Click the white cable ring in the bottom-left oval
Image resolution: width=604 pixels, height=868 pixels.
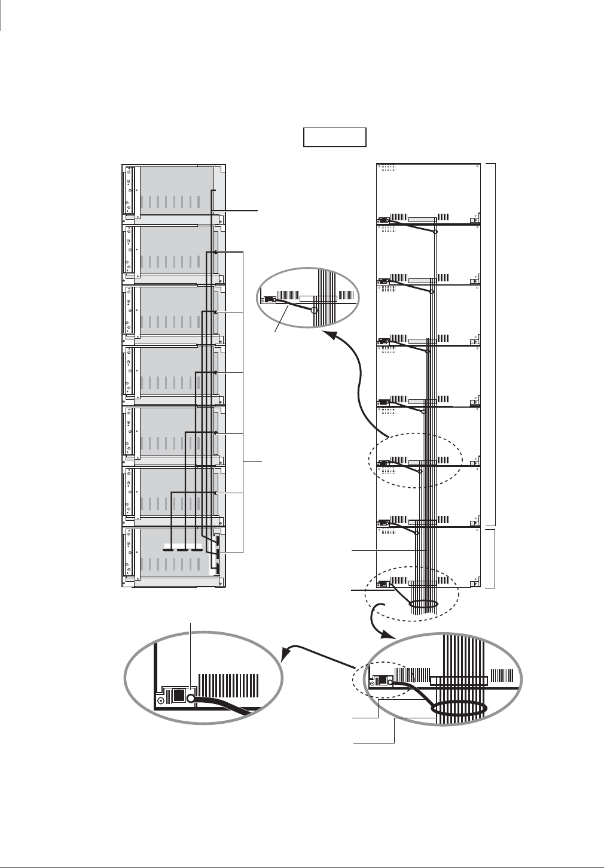click(x=192, y=699)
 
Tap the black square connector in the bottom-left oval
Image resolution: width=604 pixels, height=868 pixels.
click(x=178, y=696)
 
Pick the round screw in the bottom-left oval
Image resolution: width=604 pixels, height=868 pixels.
click(x=160, y=700)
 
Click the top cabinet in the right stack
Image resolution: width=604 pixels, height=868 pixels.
click(x=428, y=193)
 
